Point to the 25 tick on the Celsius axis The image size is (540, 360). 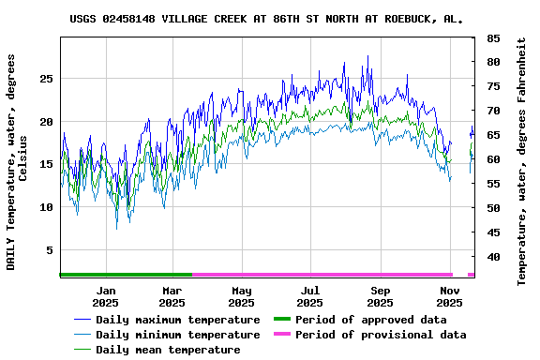click(45, 79)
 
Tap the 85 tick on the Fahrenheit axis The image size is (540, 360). click(492, 38)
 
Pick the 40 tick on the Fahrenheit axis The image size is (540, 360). click(492, 257)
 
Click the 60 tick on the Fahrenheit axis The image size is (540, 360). click(492, 159)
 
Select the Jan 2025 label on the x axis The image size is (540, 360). click(106, 296)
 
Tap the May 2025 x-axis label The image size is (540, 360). click(242, 296)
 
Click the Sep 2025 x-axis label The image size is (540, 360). click(380, 296)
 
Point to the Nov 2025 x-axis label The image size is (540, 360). click(450, 296)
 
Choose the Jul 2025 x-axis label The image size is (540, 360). click(310, 296)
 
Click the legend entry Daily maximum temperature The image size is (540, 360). click(177, 320)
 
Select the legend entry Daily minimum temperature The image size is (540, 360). click(177, 335)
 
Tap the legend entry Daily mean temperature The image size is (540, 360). click(167, 350)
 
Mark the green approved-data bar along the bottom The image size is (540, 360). click(126, 275)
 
